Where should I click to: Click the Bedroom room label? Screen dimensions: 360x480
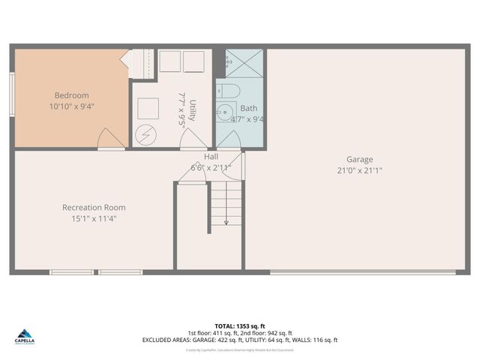coord(72,95)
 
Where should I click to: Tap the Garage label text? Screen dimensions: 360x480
coord(359,159)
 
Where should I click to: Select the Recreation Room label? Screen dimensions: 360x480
coord(94,207)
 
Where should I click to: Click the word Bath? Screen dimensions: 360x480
coord(248,108)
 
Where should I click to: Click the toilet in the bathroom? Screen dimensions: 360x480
coord(231,91)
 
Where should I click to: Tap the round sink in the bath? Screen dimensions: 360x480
coord(225,112)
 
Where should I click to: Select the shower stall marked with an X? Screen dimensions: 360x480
coord(244,64)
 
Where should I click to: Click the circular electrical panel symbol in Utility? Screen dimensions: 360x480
coord(144,135)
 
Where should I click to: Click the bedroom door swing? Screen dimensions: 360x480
coord(111,139)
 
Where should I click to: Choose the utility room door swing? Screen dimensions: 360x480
coord(193,139)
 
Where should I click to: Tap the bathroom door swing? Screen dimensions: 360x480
coord(229,139)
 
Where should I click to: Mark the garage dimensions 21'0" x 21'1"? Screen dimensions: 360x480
coord(359,170)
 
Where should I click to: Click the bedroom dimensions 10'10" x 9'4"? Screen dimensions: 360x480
coord(72,106)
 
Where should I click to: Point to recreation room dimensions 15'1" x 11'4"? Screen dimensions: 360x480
coord(94,218)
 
